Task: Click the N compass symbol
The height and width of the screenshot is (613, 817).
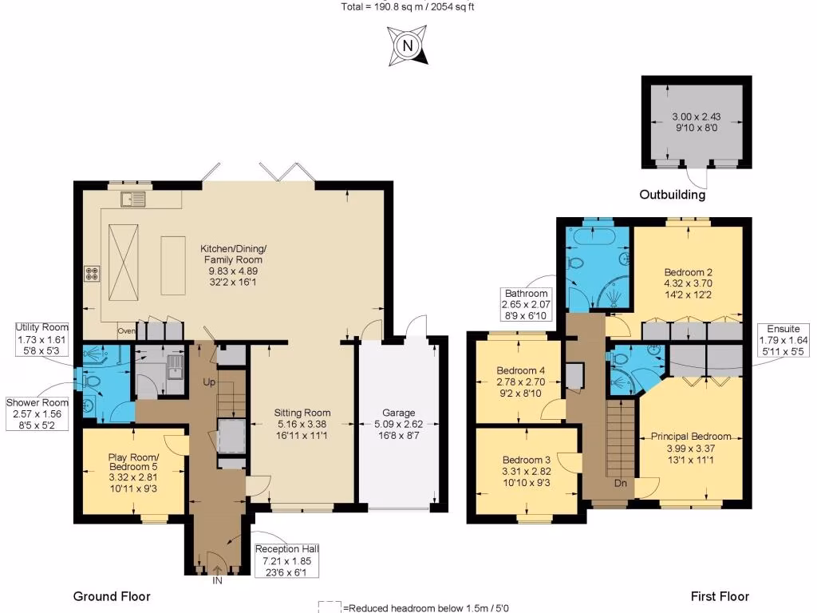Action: [x=408, y=45]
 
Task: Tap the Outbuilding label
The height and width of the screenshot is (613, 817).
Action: [x=672, y=195]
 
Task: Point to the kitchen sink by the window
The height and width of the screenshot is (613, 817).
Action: [x=133, y=199]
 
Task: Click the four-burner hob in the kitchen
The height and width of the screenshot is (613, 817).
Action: [x=93, y=275]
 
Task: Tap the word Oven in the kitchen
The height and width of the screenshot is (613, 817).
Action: [x=126, y=331]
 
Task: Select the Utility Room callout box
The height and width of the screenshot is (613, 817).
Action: [x=41, y=338]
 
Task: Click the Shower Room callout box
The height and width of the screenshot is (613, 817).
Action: [x=37, y=414]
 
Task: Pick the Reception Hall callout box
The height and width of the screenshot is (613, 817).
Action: [x=286, y=560]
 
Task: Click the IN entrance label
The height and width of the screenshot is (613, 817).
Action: [x=217, y=581]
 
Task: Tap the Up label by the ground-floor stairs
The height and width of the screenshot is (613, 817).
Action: [x=209, y=382]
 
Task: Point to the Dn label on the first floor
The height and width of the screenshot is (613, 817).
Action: [x=621, y=483]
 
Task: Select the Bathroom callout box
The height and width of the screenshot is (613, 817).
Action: [x=527, y=304]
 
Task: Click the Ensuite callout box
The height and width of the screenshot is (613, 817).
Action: [x=783, y=340]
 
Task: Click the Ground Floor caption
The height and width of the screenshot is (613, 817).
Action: [x=112, y=596]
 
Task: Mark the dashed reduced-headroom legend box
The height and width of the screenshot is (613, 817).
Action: [x=330, y=607]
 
